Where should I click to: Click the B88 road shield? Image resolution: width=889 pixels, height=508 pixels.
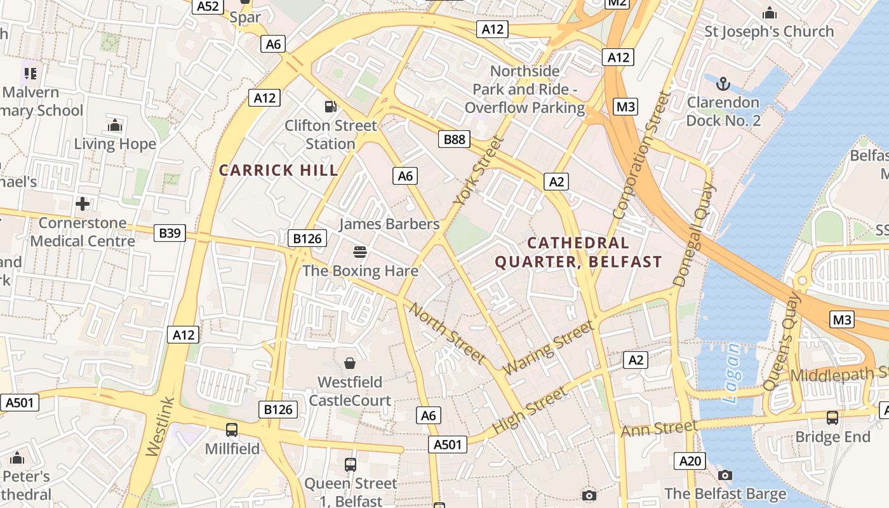pyautogui.click(x=454, y=139)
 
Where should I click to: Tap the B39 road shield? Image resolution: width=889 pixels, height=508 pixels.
pyautogui.click(x=170, y=233)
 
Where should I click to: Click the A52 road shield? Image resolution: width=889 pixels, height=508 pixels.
pyautogui.click(x=208, y=6)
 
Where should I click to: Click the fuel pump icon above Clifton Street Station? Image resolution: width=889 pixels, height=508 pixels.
pyautogui.click(x=330, y=107)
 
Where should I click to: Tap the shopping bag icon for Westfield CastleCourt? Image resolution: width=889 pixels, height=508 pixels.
pyautogui.click(x=349, y=363)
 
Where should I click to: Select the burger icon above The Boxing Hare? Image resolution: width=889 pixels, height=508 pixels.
pyautogui.click(x=359, y=253)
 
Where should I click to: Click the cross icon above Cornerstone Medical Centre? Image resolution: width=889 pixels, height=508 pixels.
pyautogui.click(x=83, y=204)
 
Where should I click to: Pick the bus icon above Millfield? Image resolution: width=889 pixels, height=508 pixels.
pyautogui.click(x=232, y=430)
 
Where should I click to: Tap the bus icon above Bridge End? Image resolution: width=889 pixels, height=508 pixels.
pyautogui.click(x=832, y=418)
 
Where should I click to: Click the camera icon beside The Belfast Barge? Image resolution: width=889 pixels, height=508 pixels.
pyautogui.click(x=725, y=475)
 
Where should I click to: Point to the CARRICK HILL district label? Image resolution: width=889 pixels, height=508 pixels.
pyautogui.click(x=279, y=170)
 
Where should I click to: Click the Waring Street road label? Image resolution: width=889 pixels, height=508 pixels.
pyautogui.click(x=548, y=347)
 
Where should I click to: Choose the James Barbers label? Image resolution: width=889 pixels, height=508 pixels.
pyautogui.click(x=389, y=224)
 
